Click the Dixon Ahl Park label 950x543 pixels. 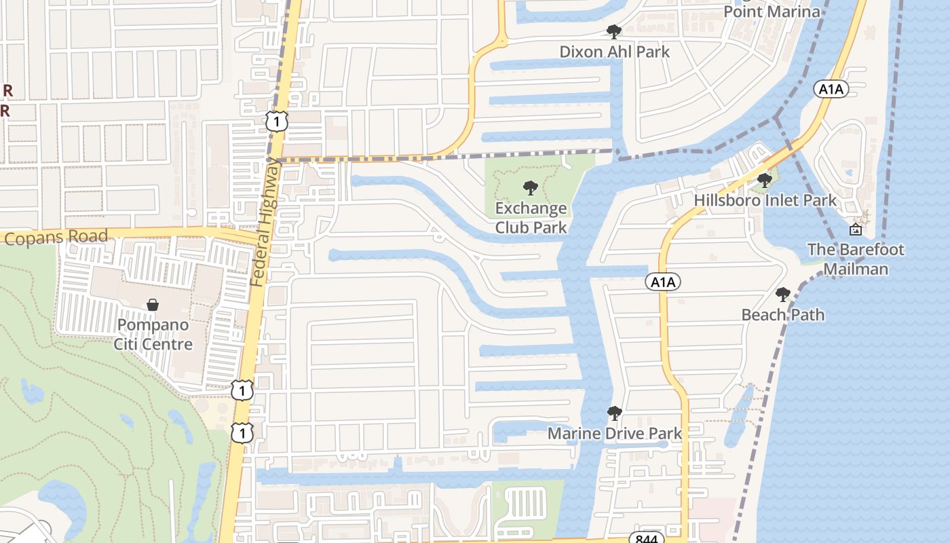tap(614, 52)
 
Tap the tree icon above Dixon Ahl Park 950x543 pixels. tap(613, 31)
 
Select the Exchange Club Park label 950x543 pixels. tap(531, 217)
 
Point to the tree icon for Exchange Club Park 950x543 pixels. tap(531, 187)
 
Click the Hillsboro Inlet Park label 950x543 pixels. tap(765, 201)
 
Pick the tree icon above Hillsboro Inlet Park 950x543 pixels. tap(765, 181)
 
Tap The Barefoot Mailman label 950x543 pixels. tap(856, 259)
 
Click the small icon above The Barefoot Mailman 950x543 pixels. tap(855, 229)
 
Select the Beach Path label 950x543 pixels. tap(783, 315)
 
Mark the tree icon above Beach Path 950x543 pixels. tap(783, 295)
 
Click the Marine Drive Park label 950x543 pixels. tap(614, 433)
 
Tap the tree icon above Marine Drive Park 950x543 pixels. tap(614, 413)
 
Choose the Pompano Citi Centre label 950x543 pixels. tap(153, 334)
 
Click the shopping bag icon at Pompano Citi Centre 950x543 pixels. tap(153, 305)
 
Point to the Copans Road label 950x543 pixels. tap(56, 238)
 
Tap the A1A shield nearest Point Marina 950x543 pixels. tap(831, 88)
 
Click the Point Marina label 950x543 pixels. tap(772, 12)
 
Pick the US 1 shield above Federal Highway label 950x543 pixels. tap(277, 121)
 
